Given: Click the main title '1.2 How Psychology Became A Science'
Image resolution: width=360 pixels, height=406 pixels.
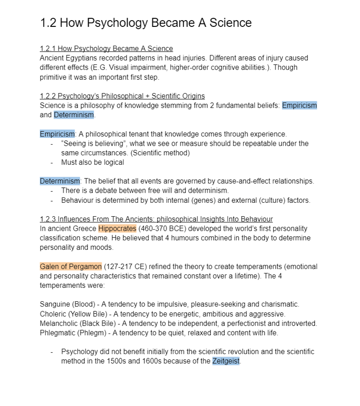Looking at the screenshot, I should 145,23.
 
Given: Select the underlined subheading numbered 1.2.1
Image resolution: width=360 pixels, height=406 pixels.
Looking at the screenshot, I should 106,49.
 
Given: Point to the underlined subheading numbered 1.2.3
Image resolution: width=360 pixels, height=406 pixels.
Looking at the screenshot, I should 156,219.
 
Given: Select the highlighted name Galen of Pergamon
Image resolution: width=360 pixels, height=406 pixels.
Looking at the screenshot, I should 71,267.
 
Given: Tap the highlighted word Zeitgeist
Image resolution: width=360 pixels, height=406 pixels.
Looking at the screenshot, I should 226,361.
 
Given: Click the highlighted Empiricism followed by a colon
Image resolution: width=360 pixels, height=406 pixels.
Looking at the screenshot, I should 57,134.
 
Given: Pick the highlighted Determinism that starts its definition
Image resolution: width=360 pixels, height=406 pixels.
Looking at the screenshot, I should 60,181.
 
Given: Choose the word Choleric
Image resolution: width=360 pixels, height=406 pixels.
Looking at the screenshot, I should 53,314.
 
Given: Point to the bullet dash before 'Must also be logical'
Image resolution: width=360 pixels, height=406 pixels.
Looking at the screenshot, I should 51,162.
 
